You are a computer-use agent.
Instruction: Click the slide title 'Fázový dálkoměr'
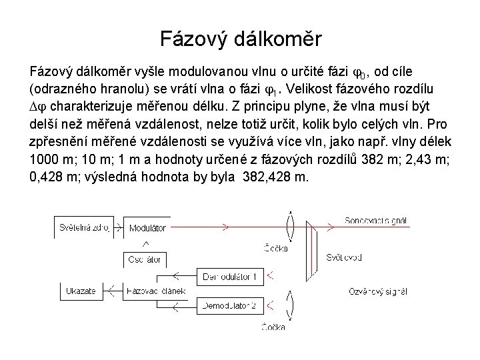click(240, 39)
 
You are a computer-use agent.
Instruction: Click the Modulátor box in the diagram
click(147, 227)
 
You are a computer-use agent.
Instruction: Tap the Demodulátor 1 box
click(229, 275)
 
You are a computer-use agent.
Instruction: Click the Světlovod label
click(344, 257)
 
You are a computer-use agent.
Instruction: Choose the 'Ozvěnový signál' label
click(377, 291)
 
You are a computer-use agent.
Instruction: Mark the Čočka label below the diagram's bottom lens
click(275, 327)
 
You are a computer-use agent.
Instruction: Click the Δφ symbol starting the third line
click(39, 107)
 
